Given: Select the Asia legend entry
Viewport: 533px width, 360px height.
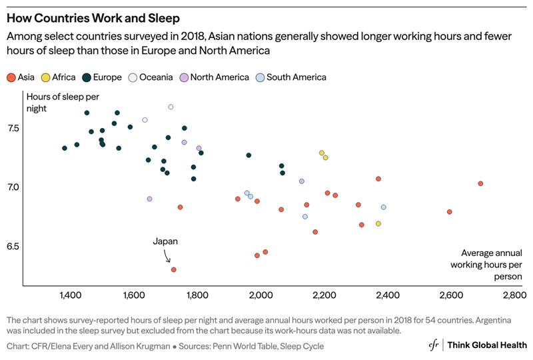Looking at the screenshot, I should click(x=21, y=77).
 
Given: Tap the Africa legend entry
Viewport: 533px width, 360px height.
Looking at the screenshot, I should click(x=59, y=77).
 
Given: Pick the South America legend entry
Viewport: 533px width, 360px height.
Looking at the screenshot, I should click(x=290, y=77).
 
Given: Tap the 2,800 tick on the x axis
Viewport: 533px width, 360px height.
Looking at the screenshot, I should click(x=514, y=295).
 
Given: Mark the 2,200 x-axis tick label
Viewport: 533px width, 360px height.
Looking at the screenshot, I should click(x=324, y=295).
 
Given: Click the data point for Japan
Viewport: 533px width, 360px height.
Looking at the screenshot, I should click(x=173, y=269).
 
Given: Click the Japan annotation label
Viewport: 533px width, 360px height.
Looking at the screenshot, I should click(x=165, y=242).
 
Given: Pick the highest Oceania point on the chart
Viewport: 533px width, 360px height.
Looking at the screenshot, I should click(x=171, y=107).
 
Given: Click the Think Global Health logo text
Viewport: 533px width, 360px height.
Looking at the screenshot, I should click(x=487, y=345).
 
